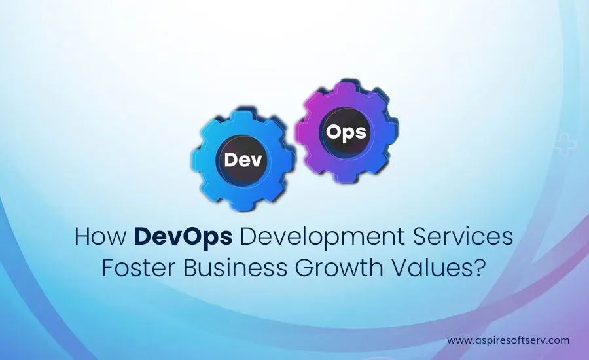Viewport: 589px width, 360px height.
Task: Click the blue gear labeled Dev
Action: (x=243, y=160)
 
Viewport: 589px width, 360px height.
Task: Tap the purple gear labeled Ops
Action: (x=346, y=132)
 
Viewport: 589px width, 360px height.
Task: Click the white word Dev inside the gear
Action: (x=243, y=160)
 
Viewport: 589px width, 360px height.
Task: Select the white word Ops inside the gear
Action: (x=346, y=133)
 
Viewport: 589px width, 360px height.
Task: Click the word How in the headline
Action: (x=100, y=237)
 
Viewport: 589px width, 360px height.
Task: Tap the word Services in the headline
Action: (x=463, y=237)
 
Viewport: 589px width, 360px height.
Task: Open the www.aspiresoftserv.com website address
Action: (x=509, y=341)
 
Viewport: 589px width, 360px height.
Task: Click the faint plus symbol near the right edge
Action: (x=565, y=144)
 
